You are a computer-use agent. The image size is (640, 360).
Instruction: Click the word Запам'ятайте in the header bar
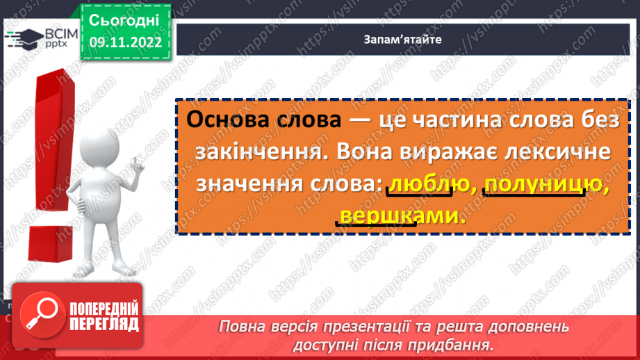coord(402,40)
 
